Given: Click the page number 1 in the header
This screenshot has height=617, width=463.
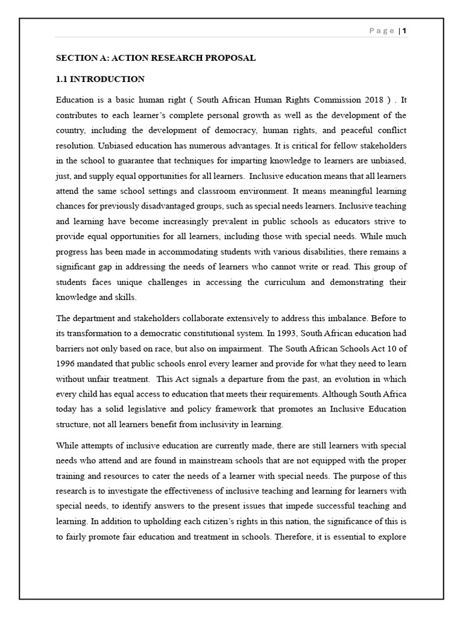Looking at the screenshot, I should click(x=405, y=31).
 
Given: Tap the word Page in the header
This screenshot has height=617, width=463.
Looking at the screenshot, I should click(x=382, y=31).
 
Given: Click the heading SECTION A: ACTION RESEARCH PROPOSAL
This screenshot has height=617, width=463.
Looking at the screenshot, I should click(x=156, y=58).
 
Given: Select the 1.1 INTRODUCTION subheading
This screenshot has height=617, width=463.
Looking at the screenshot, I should click(x=101, y=79).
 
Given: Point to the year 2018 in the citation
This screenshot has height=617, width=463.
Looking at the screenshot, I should click(x=372, y=99).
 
